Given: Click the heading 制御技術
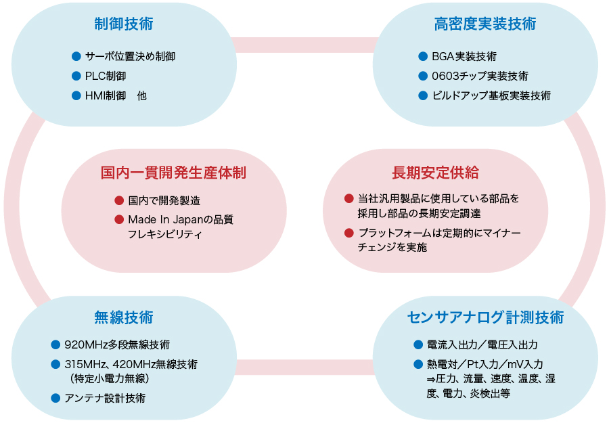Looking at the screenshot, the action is pyautogui.click(x=124, y=24).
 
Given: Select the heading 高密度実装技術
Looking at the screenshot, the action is pyautogui.click(x=485, y=24).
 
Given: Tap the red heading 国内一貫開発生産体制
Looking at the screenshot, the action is pyautogui.click(x=173, y=173).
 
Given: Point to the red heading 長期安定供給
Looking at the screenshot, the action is pyautogui.click(x=435, y=173).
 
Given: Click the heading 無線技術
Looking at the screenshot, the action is pyautogui.click(x=124, y=317).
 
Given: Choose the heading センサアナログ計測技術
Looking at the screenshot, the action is pyautogui.click(x=485, y=317).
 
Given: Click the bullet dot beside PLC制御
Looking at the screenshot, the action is pyautogui.click(x=76, y=76).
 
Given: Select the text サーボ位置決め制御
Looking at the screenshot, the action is pyautogui.click(x=131, y=56).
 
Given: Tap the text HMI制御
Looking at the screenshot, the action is pyautogui.click(x=106, y=95).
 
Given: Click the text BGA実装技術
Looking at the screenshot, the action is pyautogui.click(x=464, y=56).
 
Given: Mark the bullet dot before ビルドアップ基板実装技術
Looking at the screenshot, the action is pyautogui.click(x=423, y=95).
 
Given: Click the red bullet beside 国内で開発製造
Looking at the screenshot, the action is pyautogui.click(x=119, y=200).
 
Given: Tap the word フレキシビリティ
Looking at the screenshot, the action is pyautogui.click(x=165, y=235).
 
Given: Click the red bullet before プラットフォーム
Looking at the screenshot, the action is pyautogui.click(x=349, y=233).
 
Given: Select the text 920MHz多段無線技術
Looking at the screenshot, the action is pyautogui.click(x=117, y=344).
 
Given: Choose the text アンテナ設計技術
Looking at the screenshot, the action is pyautogui.click(x=105, y=398).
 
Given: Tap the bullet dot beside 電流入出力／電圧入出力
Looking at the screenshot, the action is pyautogui.click(x=418, y=344).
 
